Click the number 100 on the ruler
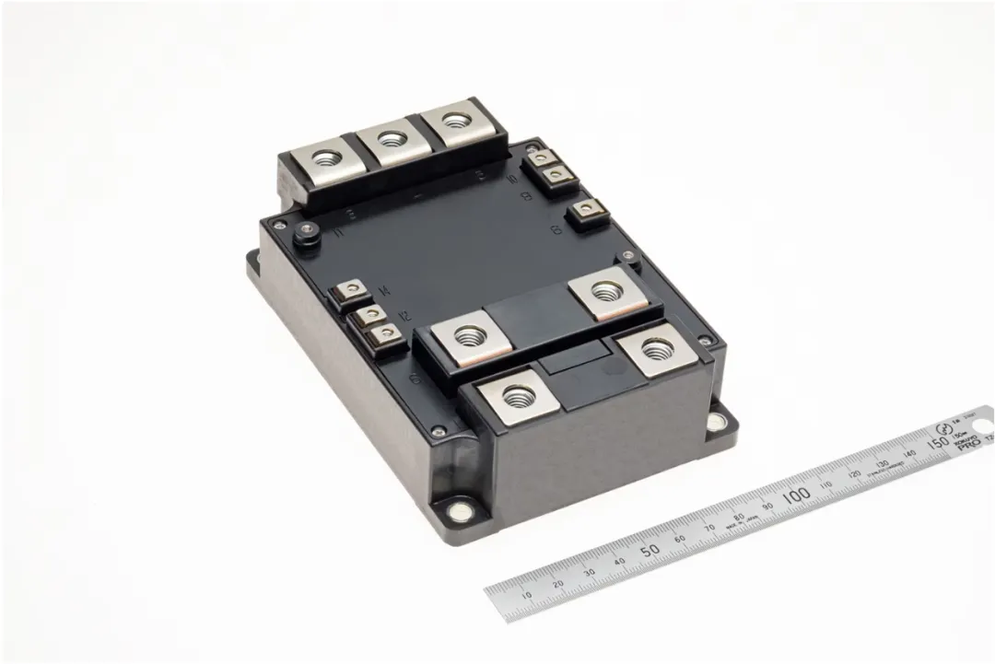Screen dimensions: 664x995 [x=795, y=495]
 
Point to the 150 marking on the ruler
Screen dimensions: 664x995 [x=937, y=444]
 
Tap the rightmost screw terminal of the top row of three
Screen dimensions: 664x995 [x=452, y=122]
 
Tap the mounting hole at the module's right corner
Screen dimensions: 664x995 [x=715, y=423]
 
